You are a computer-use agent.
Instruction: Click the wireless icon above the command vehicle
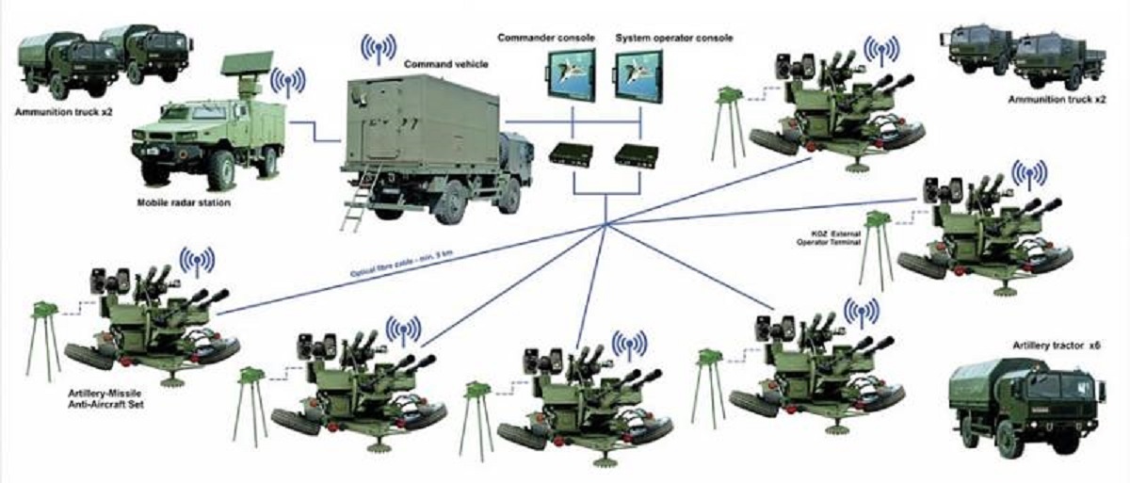point(379,48)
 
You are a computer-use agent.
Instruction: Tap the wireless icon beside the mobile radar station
point(288,82)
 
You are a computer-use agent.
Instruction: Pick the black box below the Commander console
point(570,154)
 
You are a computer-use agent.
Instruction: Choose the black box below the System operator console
point(637,154)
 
